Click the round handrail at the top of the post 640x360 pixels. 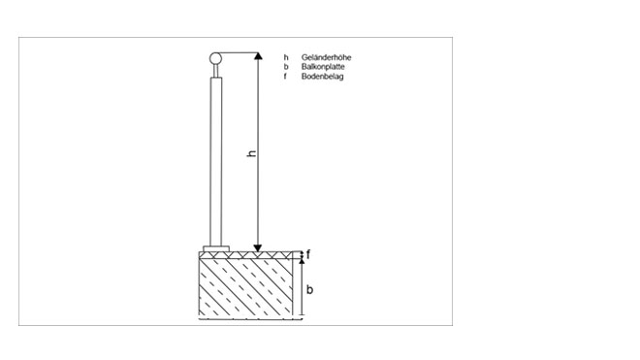pos(215,59)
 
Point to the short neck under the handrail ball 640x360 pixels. pos(216,71)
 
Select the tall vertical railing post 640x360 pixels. pos(216,162)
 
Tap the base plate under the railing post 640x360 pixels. pos(216,248)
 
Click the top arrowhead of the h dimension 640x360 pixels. pos(258,56)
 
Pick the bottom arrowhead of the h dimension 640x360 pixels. pos(258,248)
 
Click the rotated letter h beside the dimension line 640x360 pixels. pos(252,153)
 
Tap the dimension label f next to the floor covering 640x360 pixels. pos(308,255)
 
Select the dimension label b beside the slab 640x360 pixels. pos(309,289)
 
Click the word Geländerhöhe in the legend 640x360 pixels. pos(326,57)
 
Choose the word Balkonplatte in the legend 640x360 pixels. pos(323,67)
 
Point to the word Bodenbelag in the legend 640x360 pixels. pos(323,76)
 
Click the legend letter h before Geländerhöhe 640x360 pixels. pos(286,57)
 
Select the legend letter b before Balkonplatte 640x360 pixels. pos(286,67)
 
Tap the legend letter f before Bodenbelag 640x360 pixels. pos(286,76)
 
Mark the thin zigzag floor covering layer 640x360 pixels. pos(245,255)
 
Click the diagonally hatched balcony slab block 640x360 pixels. pos(245,287)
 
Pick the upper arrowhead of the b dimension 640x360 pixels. pos(302,261)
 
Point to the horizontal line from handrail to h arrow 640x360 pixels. pos(240,53)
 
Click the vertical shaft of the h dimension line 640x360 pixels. pos(258,152)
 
